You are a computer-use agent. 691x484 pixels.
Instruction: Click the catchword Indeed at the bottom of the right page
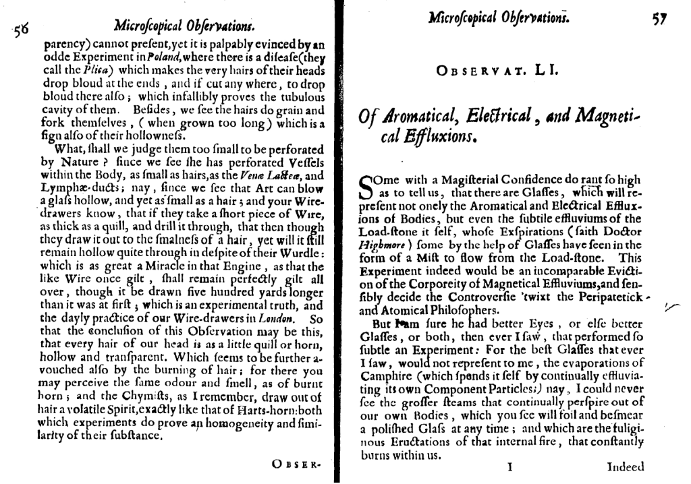[626, 466]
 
